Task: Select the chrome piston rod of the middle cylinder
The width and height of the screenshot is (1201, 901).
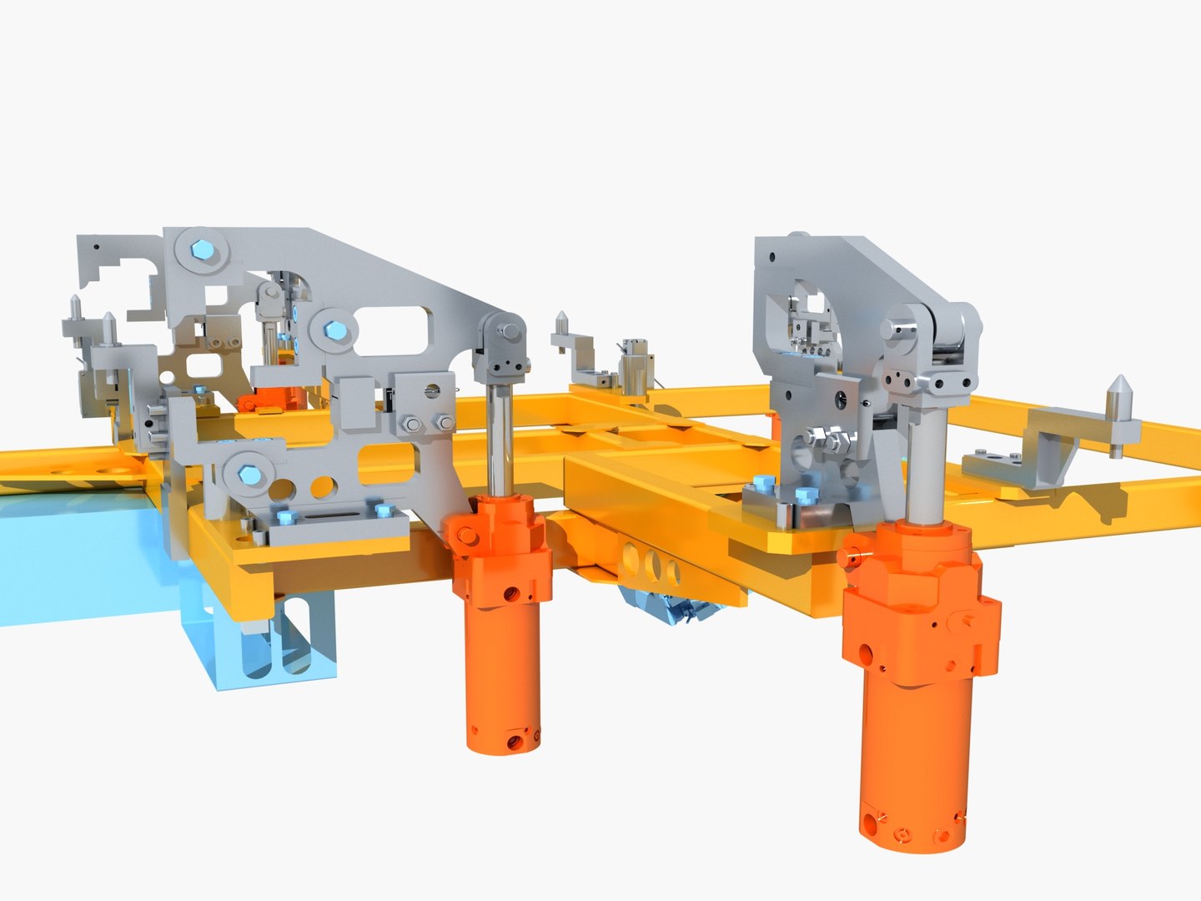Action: click(500, 438)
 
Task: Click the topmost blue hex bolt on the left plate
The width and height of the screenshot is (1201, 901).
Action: click(202, 249)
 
